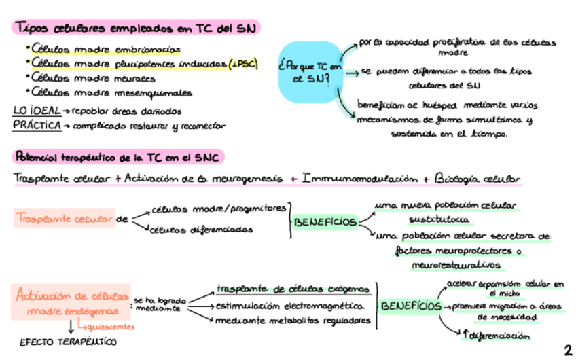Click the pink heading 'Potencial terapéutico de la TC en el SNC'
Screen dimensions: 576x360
118,158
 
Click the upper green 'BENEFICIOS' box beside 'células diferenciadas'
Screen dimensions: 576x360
325,221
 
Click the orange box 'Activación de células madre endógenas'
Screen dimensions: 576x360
72,303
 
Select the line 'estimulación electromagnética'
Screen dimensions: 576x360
290,306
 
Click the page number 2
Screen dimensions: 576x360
567,350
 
